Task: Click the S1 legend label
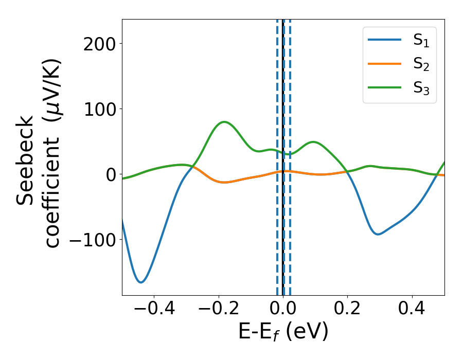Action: pos(421,41)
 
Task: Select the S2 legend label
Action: pos(421,64)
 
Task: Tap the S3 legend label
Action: pos(421,88)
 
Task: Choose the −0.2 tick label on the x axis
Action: pos(218,310)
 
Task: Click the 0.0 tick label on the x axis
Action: pos(283,310)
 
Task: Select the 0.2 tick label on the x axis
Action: pos(348,310)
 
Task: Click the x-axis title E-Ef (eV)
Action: pos(283,333)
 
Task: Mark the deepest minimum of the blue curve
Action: pos(140,282)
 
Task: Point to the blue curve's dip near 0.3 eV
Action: pos(378,235)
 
